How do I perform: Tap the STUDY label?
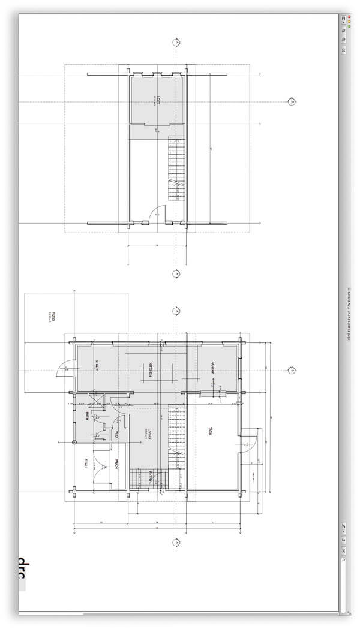[97, 365]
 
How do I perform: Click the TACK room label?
[211, 431]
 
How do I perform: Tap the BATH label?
[86, 416]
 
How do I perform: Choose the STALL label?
[86, 464]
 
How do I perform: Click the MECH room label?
[116, 464]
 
